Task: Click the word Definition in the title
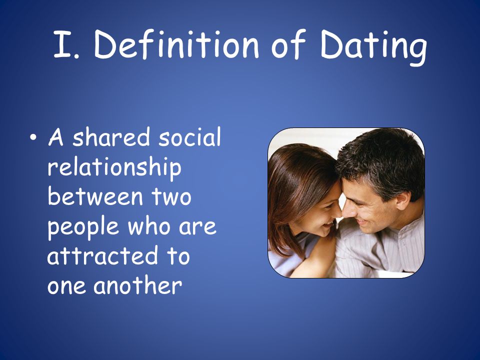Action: click(x=176, y=44)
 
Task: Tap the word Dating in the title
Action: click(x=373, y=47)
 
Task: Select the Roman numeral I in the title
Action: click(x=63, y=44)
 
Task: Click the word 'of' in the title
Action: click(x=288, y=44)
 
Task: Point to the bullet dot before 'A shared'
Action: click(x=33, y=137)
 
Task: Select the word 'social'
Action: click(x=189, y=136)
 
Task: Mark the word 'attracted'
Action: click(x=102, y=255)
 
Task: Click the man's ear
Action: click(x=403, y=200)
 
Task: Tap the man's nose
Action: click(x=348, y=210)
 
